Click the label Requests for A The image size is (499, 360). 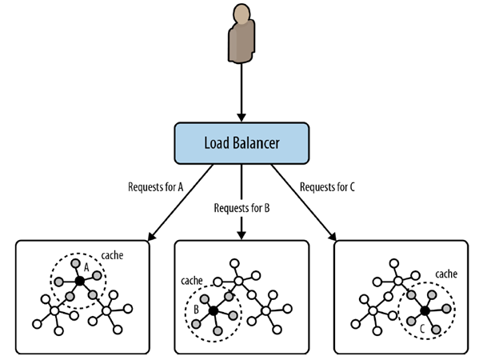tap(156, 186)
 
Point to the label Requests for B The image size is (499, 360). tap(242, 208)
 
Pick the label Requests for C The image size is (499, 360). tap(328, 186)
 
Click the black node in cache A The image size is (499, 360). tap(78, 281)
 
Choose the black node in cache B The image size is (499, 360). tap(214, 310)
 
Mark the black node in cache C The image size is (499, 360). tap(425, 310)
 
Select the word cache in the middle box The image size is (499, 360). tap(192, 281)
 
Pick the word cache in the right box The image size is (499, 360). tap(445, 274)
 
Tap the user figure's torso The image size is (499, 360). tap(242, 40)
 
